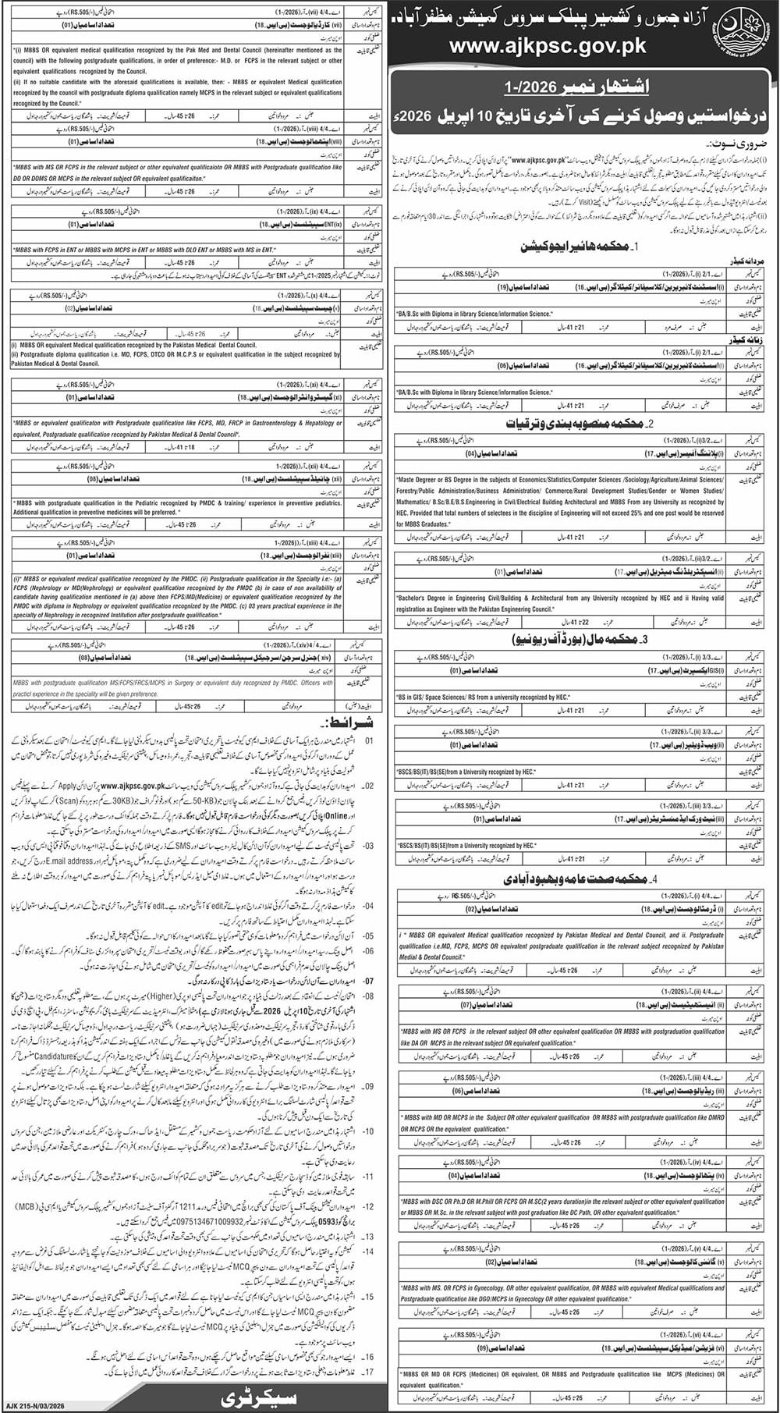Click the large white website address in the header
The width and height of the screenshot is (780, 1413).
click(548, 46)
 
